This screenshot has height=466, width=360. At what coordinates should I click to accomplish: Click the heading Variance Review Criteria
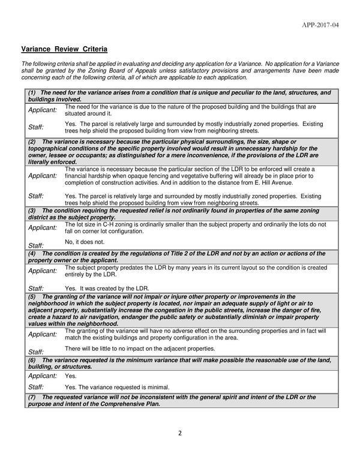point(64,48)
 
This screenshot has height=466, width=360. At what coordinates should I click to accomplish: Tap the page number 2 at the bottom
point(179,434)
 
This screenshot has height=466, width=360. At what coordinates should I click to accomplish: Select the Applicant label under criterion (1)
point(43,110)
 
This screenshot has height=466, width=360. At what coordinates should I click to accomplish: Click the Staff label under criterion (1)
point(36,127)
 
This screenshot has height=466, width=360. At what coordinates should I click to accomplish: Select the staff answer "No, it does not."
point(84,242)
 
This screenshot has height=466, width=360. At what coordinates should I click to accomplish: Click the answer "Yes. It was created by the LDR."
point(107,288)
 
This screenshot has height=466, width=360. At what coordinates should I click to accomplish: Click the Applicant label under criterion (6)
point(43,375)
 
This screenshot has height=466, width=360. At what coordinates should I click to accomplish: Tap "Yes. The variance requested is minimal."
point(117,387)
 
